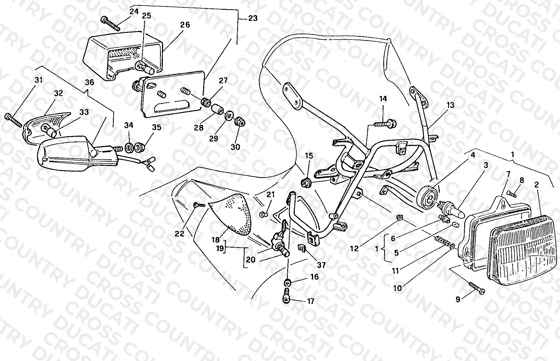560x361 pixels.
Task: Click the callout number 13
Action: [x=451, y=105]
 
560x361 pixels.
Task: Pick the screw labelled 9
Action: [x=477, y=288]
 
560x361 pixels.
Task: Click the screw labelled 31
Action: [x=13, y=120]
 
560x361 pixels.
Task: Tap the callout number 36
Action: [x=90, y=82]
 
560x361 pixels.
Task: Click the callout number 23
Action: [x=252, y=18]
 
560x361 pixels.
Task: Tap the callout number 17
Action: [x=311, y=301]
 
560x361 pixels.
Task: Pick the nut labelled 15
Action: [x=306, y=183]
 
